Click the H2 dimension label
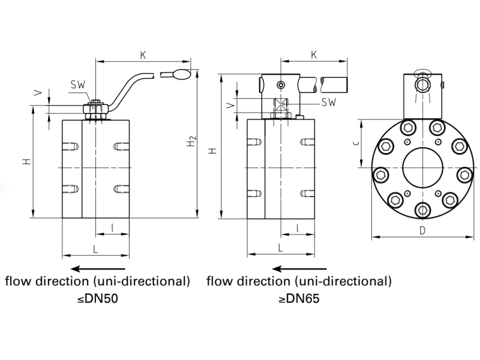coord(191,142)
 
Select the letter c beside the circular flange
coord(355,142)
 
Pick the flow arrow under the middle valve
coord(298,268)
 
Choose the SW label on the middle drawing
coord(328,102)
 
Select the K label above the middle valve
coord(314,55)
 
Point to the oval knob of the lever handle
coord(181,74)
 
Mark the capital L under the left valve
coord(95,248)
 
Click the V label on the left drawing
coord(38,93)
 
